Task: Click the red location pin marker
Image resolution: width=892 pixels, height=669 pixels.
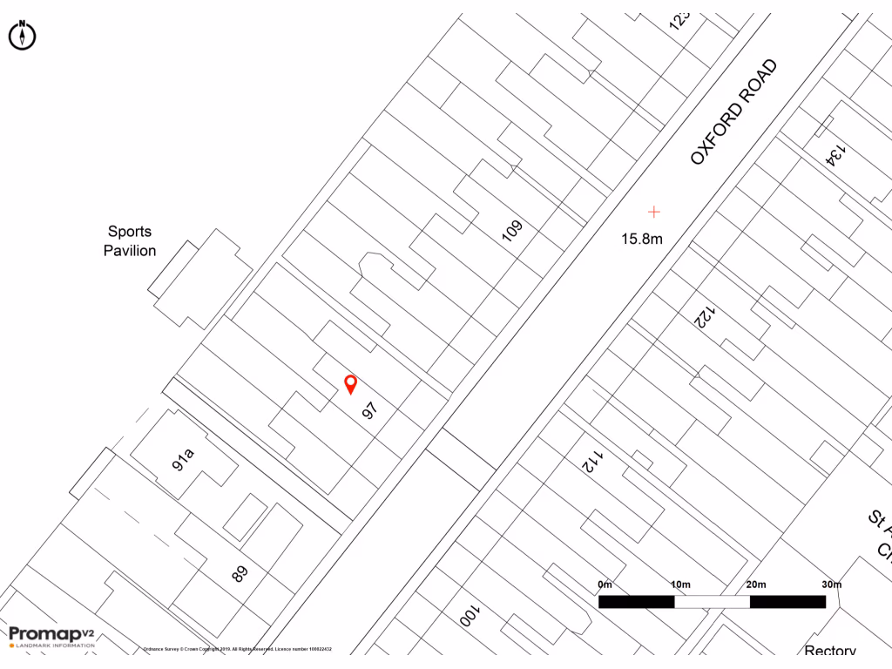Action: [351, 383]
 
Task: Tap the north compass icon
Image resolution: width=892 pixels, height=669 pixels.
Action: [22, 35]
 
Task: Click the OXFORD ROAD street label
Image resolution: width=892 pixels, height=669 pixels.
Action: [733, 111]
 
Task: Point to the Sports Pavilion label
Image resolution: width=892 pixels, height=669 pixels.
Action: [130, 241]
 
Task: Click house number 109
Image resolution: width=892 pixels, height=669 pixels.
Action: [513, 231]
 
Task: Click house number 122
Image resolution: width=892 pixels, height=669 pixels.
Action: [704, 316]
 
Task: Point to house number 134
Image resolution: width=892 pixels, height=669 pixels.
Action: [835, 153]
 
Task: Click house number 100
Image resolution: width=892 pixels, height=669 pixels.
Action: [468, 617]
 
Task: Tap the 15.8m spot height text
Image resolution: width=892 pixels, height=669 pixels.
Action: [642, 238]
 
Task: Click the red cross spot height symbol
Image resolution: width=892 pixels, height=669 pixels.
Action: [654, 211]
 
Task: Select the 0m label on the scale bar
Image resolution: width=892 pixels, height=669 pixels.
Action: [605, 584]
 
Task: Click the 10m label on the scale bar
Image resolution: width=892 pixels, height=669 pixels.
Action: [680, 584]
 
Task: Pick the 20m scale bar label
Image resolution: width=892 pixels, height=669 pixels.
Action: [756, 584]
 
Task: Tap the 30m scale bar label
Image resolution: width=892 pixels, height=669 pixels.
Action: [832, 584]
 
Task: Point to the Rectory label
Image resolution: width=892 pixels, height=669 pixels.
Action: [830, 652]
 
